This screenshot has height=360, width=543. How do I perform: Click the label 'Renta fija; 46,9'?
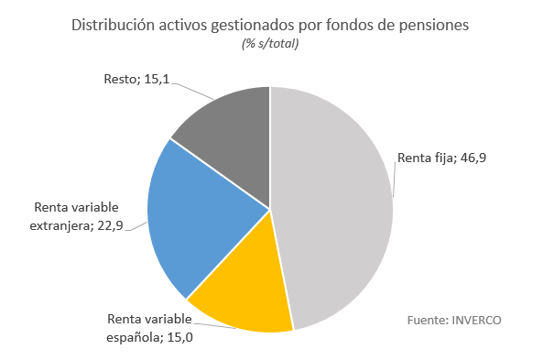[441, 158]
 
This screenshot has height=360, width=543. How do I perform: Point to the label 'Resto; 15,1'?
[136, 80]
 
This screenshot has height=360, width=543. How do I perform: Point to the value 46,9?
[472, 158]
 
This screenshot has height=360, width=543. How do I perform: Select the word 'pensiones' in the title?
[435, 25]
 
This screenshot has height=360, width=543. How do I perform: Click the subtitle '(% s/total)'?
[270, 44]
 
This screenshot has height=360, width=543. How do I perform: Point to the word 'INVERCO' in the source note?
[476, 320]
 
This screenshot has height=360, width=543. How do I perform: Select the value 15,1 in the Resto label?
[156, 80]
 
